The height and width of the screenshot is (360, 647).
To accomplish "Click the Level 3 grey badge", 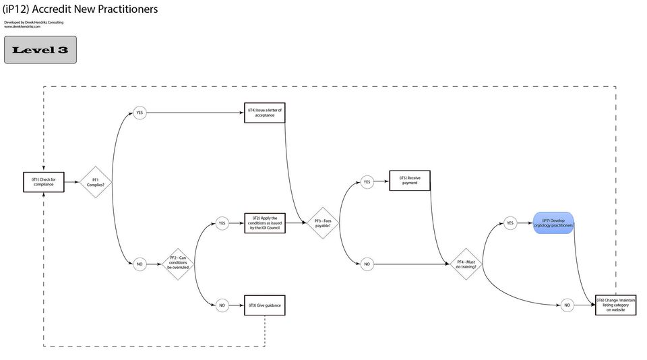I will (x=40, y=50).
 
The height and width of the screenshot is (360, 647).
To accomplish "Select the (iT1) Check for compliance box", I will (x=44, y=182).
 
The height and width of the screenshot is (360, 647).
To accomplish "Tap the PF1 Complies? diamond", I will (x=96, y=182).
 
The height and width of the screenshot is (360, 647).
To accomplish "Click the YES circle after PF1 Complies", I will (x=140, y=113).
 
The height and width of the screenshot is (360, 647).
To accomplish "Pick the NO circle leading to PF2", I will (x=140, y=264).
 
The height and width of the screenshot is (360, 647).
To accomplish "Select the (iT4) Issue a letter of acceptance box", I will (x=265, y=113).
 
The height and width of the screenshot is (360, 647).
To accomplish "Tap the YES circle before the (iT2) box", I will (x=222, y=223).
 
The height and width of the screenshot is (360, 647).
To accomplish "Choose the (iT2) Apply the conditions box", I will (x=265, y=223).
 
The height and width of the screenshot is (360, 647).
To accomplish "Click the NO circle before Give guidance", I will (x=222, y=305).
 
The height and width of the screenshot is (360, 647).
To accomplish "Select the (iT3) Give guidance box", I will (x=265, y=305).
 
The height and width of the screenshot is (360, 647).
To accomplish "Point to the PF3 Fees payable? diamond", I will (x=323, y=223).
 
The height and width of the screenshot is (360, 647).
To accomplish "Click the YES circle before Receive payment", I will (x=367, y=182).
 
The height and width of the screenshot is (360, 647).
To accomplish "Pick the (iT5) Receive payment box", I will (x=410, y=181).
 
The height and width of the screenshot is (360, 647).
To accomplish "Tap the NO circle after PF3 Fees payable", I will (x=367, y=264).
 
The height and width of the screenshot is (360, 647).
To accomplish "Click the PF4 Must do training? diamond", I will (x=466, y=264).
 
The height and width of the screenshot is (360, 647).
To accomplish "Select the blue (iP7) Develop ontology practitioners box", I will (x=553, y=223).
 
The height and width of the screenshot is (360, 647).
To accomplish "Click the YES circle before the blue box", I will (x=510, y=223).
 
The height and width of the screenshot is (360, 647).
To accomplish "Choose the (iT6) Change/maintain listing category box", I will (x=616, y=305).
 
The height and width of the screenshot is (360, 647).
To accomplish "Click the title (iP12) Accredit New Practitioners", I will (x=80, y=9).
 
